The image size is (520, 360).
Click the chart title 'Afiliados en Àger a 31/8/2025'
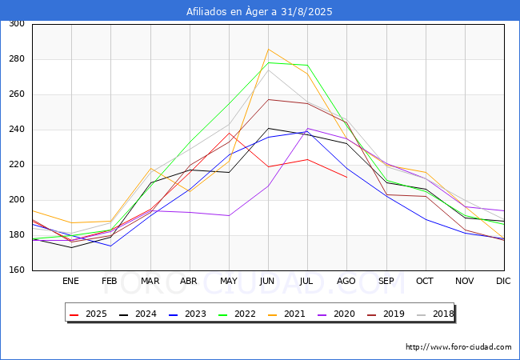click(259, 11)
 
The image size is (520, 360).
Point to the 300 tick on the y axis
click(16, 24)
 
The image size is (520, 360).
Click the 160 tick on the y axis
click(16, 270)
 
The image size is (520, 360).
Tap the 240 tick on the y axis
click(16, 130)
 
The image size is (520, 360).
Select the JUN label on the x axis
click(268, 282)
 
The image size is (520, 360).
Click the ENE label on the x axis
click(71, 282)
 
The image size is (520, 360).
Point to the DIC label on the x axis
click(503, 282)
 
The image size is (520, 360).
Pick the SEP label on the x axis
click(386, 282)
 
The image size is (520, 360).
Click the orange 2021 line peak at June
click(268, 50)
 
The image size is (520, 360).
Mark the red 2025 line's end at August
click(346, 177)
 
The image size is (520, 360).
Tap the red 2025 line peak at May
click(229, 133)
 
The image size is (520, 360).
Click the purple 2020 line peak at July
click(307, 128)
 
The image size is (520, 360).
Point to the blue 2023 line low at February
click(110, 246)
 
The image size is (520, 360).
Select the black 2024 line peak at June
click(268, 128)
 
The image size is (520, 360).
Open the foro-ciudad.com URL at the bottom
click(458, 347)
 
